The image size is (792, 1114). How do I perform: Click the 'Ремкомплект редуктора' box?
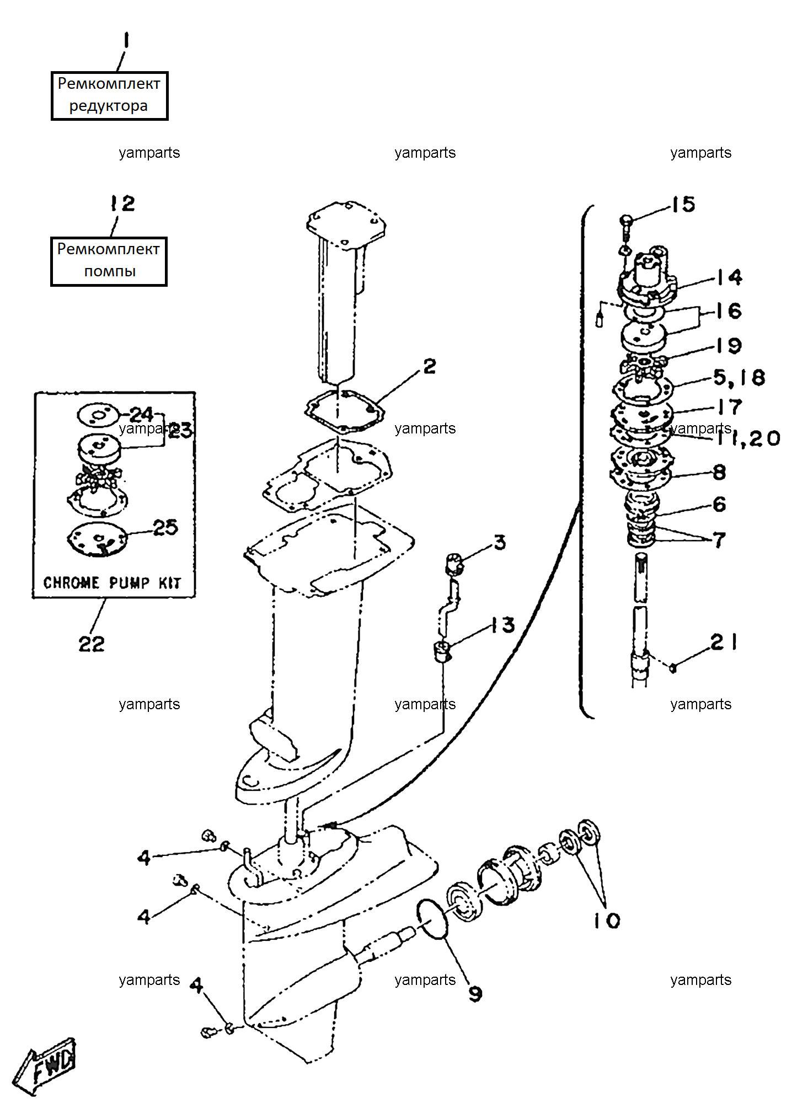pyautogui.click(x=109, y=95)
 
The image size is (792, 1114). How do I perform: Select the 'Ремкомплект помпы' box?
pyautogui.click(x=109, y=261)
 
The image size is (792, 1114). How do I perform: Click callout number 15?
pyautogui.click(x=683, y=205)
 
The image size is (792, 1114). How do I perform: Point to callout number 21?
pyautogui.click(x=724, y=642)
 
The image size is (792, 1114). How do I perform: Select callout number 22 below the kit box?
pyautogui.click(x=92, y=644)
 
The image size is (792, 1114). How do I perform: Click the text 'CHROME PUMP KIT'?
pyautogui.click(x=112, y=582)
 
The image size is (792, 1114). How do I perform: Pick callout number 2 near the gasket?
pyautogui.click(x=430, y=366)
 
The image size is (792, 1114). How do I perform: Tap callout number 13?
pyautogui.click(x=503, y=625)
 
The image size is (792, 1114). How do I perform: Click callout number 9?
pyautogui.click(x=475, y=993)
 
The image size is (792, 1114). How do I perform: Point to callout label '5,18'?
pyautogui.click(x=740, y=378)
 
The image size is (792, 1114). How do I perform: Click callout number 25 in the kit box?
pyautogui.click(x=165, y=528)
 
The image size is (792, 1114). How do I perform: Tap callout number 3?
pyautogui.click(x=500, y=543)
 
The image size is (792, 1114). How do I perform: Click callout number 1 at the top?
pyautogui.click(x=126, y=41)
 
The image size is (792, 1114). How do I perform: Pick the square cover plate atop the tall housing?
pyautogui.click(x=346, y=226)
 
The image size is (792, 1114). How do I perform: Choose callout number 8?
pyautogui.click(x=720, y=472)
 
